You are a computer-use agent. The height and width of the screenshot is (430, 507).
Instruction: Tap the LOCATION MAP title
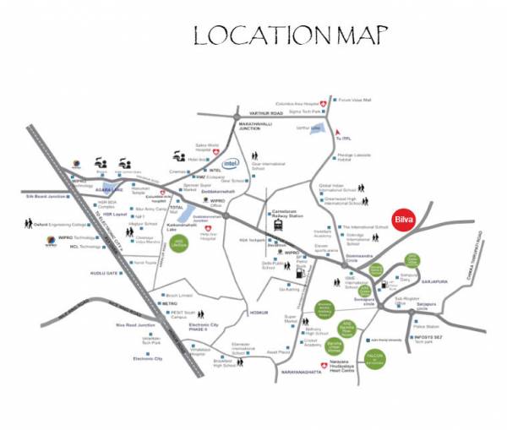(x=291, y=36)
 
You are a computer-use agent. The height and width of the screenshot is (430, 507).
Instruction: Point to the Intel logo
(x=230, y=163)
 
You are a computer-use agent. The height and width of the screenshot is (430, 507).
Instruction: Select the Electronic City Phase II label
(x=209, y=328)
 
